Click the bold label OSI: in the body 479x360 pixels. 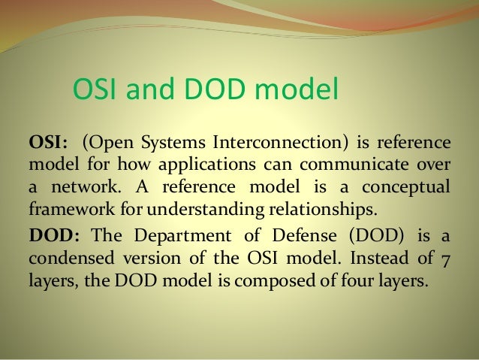click(48, 144)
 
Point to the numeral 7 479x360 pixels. click(446, 257)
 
